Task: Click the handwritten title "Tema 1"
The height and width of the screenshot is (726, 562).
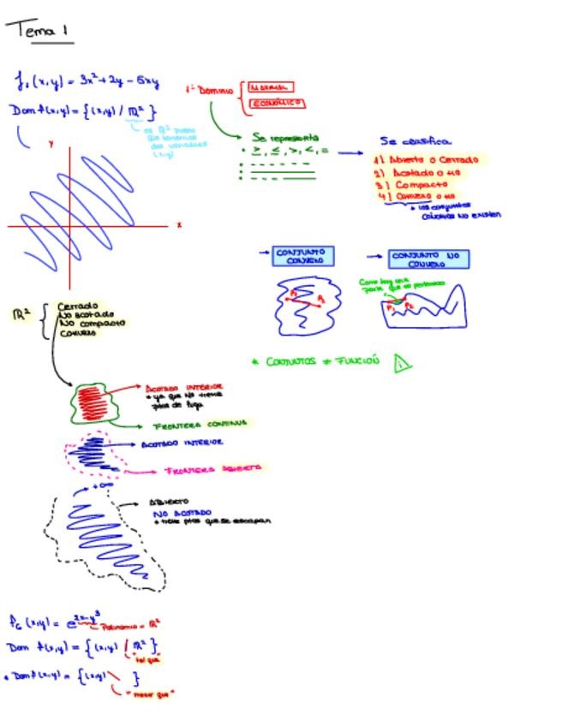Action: point(39,31)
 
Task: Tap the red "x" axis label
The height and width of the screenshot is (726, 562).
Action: point(179,225)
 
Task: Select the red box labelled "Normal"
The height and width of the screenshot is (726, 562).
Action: point(269,87)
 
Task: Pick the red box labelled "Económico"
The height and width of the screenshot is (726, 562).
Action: point(276,104)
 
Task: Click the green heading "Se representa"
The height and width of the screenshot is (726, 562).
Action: point(285,137)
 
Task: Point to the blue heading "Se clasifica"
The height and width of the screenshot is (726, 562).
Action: point(416,141)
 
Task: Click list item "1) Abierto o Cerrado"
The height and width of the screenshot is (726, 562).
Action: point(427,159)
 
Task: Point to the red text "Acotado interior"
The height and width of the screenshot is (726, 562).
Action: point(183,387)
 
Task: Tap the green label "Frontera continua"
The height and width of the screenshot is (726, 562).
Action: point(200,424)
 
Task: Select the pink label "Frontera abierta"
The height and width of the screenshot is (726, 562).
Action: point(212,469)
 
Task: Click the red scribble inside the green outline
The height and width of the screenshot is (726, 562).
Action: point(91,401)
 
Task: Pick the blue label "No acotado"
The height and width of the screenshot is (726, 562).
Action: point(182,513)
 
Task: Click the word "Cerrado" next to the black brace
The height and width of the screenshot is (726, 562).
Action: point(78,306)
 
